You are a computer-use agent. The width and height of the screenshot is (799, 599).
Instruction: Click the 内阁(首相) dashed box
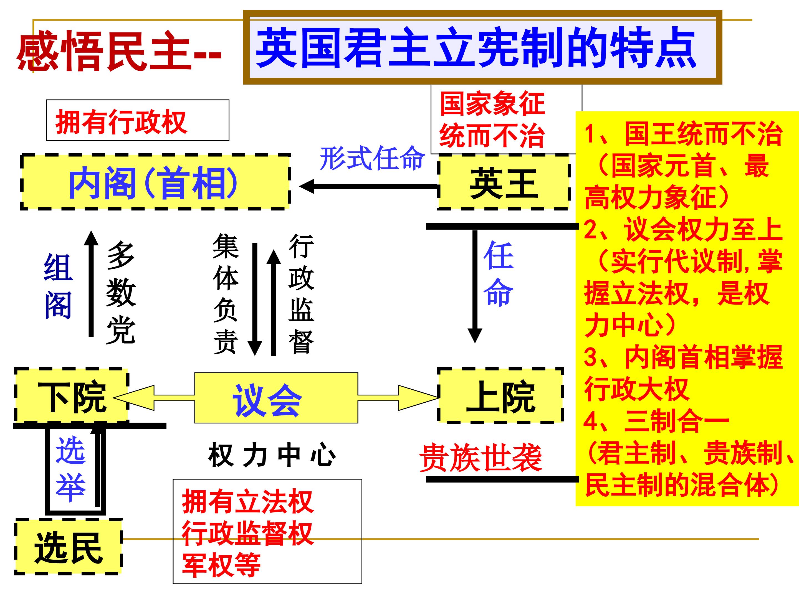point(155,182)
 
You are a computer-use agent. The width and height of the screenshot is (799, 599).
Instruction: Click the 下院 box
point(72,396)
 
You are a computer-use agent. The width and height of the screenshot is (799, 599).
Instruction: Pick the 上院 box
point(500,396)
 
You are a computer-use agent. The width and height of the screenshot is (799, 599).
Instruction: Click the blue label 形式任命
point(372,158)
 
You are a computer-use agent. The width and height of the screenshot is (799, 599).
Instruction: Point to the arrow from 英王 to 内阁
point(368,187)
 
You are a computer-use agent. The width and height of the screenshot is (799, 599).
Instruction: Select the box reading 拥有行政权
point(138,121)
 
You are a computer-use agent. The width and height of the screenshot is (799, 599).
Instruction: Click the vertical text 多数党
point(121,293)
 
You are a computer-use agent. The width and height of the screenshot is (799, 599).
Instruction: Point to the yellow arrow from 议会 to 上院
point(397,397)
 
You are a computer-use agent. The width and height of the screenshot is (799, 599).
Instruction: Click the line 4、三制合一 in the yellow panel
point(656,421)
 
